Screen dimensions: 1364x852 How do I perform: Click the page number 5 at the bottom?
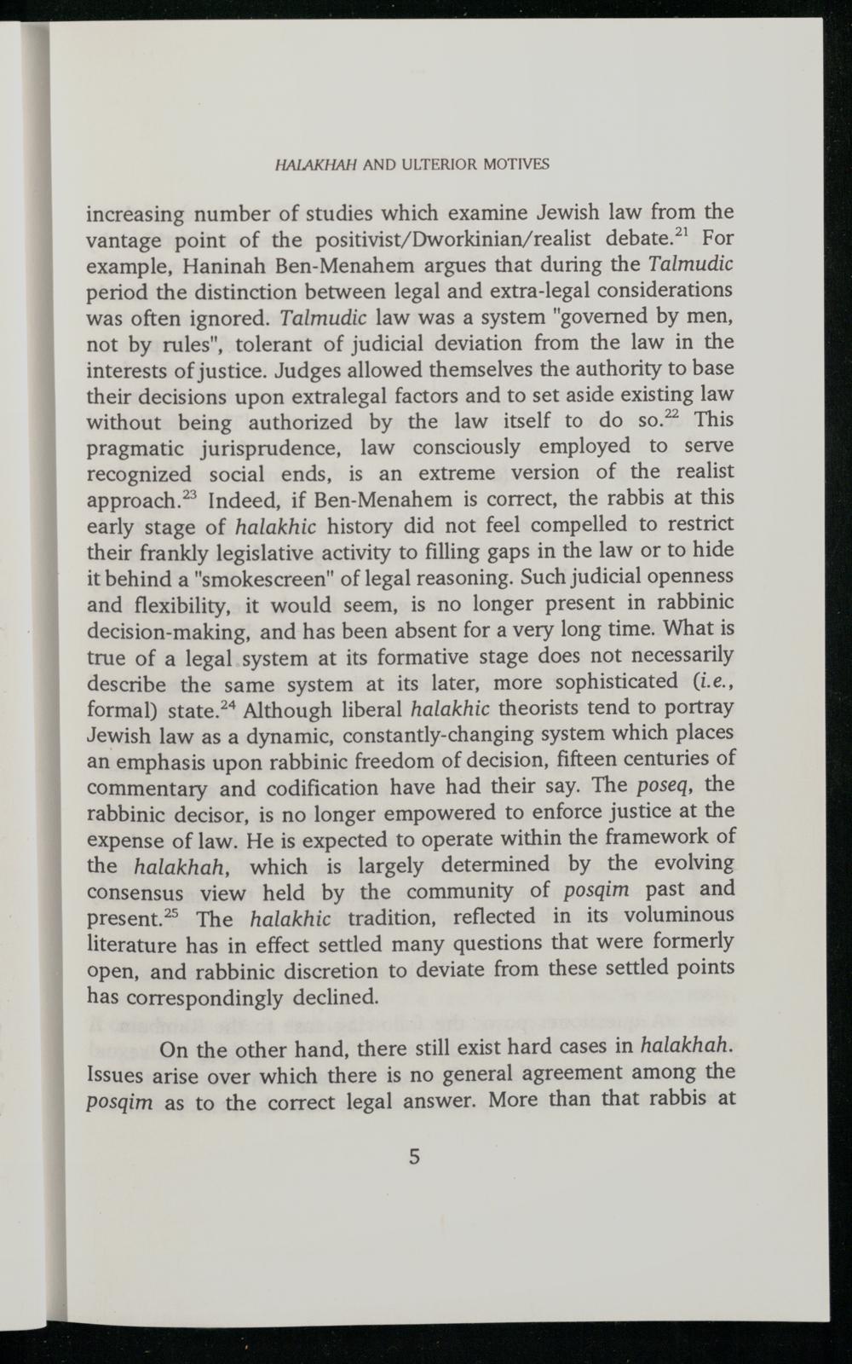click(415, 1157)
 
